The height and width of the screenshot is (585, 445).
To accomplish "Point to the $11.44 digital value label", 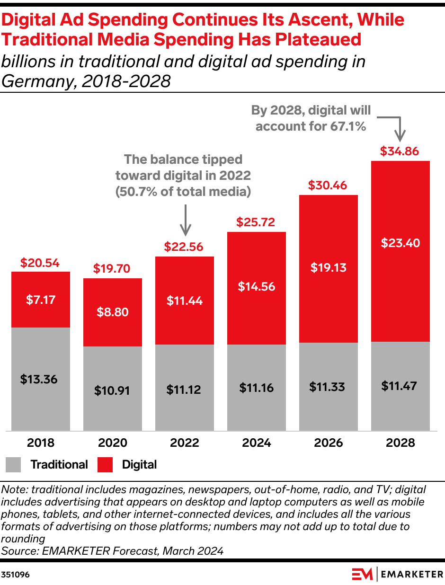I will click(x=185, y=301).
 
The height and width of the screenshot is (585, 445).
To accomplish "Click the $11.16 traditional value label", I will click(x=256, y=388).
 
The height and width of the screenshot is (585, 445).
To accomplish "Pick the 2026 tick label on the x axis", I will click(x=328, y=443).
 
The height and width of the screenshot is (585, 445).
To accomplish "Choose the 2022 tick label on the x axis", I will click(x=184, y=443).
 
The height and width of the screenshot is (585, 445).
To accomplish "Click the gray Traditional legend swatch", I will click(x=13, y=465).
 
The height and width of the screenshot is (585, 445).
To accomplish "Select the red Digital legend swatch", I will click(x=105, y=465).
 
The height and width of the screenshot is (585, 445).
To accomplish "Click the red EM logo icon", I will click(x=362, y=574).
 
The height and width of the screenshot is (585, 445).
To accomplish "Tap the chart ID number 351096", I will click(x=16, y=575).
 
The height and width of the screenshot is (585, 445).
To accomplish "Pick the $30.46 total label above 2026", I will click(x=328, y=186).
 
